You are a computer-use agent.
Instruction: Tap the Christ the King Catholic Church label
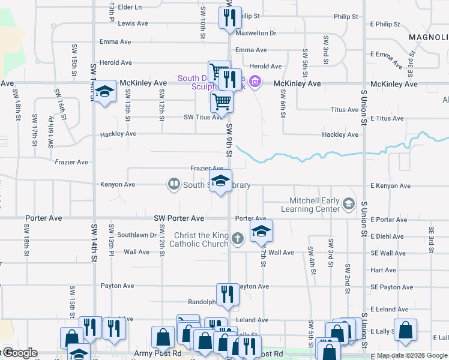click(x=199, y=239)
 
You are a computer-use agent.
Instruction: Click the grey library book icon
click(x=173, y=184)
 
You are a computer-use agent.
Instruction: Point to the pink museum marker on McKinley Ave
click(x=255, y=80)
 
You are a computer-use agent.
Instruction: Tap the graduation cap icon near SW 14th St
click(x=104, y=92)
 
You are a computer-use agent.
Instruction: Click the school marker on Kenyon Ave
click(x=220, y=181)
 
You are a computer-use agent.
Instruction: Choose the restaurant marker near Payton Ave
click(x=227, y=294)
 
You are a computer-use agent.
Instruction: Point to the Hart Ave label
click(x=383, y=271)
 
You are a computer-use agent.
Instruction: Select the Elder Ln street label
click(x=130, y=7)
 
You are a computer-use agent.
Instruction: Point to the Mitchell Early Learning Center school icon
click(x=348, y=205)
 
